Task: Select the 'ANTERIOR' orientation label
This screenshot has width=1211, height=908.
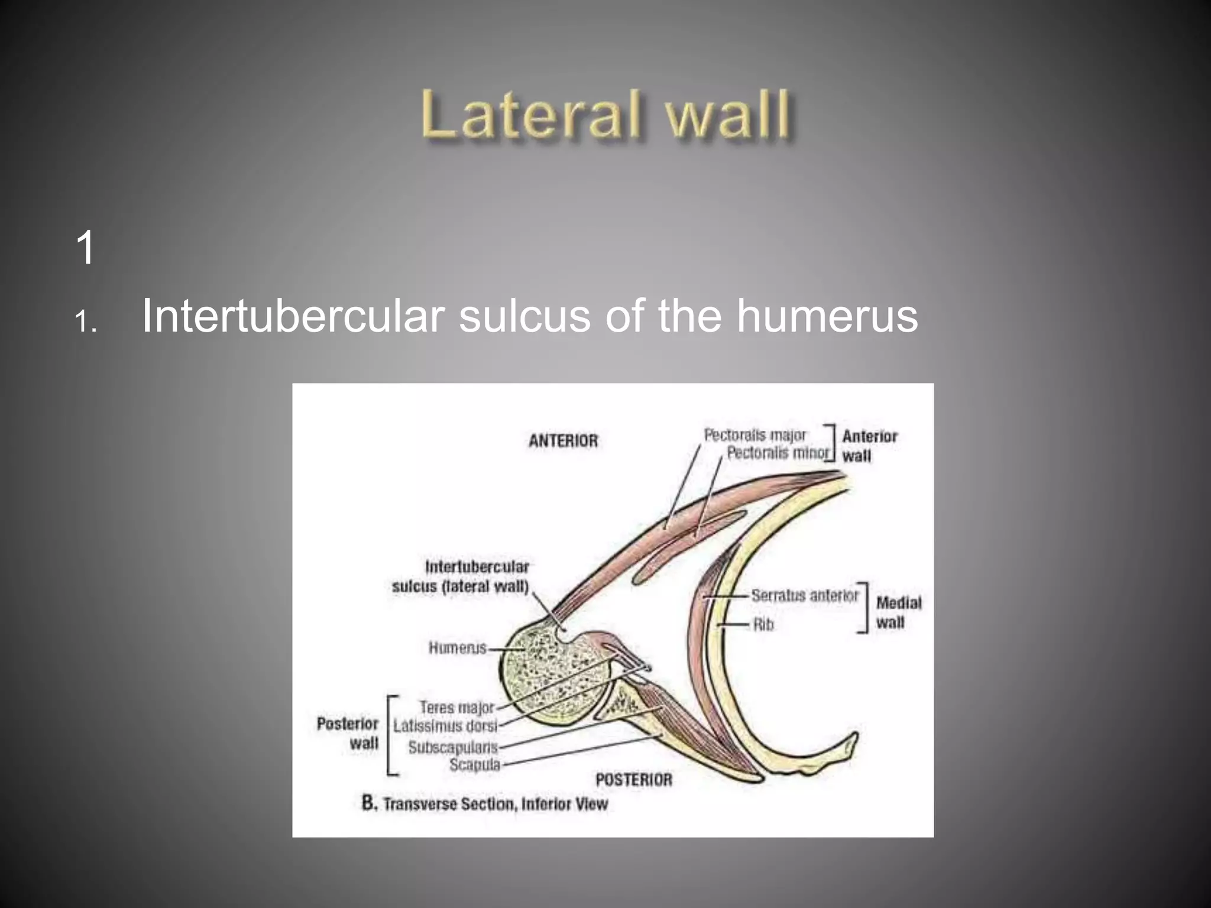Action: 563,441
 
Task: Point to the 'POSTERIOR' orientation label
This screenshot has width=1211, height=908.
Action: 634,780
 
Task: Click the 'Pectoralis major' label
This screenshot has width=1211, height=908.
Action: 755,435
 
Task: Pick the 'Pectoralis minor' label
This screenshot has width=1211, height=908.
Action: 778,453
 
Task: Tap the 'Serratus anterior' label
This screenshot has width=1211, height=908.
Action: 805,595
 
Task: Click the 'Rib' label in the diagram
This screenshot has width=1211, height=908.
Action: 763,624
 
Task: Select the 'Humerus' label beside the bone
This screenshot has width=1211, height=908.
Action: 458,648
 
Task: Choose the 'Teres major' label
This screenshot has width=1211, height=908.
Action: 456,708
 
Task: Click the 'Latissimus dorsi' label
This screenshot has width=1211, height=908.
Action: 445,726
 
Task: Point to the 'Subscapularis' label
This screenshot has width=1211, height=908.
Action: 454,747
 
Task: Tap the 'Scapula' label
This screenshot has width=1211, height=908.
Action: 475,765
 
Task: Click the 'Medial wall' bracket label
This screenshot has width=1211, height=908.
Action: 899,612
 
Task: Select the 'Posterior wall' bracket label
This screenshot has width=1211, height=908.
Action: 348,734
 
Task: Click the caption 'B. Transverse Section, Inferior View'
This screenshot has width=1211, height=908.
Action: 485,803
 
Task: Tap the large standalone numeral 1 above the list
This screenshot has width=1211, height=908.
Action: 86,248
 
